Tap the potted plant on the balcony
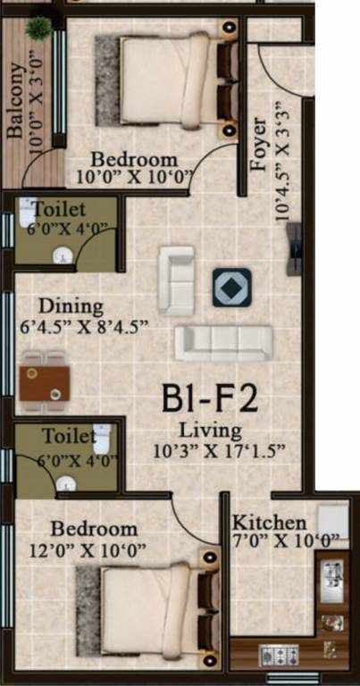point(39,28)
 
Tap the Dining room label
point(64,305)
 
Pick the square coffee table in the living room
point(230,288)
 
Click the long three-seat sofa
point(223,343)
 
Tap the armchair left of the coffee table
point(176,280)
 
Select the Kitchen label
point(270,523)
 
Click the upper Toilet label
point(60,210)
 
